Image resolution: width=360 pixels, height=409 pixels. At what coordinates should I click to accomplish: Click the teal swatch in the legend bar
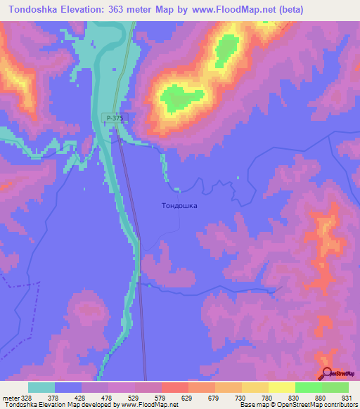(41, 387)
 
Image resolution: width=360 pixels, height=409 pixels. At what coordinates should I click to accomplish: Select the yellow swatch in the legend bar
(281, 387)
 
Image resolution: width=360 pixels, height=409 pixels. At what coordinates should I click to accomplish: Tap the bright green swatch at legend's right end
(335, 387)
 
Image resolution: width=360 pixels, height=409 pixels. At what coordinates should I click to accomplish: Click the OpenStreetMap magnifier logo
(326, 372)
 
